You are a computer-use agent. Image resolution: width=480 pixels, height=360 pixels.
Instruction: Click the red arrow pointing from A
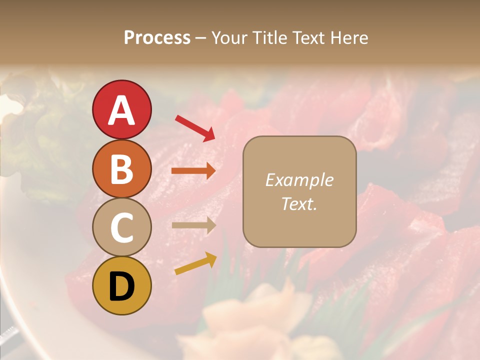pos(195,127)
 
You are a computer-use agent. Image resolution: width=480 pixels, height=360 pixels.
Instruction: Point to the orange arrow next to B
pos(193,171)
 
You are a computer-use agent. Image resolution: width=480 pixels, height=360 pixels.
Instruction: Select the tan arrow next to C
pos(193,225)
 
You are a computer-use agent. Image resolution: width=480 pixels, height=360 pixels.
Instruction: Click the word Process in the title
pos(157,38)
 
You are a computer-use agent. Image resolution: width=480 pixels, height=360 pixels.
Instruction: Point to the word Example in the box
pos(299,180)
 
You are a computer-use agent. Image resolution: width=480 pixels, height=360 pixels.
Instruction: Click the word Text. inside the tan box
pos(299,203)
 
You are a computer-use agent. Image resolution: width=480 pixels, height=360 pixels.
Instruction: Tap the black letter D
pos(121,286)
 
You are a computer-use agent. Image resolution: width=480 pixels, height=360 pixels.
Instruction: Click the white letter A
pos(121,110)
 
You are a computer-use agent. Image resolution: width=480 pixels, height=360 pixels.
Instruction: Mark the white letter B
pos(121,169)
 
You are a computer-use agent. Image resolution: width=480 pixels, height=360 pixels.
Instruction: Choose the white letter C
pos(121,227)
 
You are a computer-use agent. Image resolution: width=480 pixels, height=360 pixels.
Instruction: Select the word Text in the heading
pos(309,38)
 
